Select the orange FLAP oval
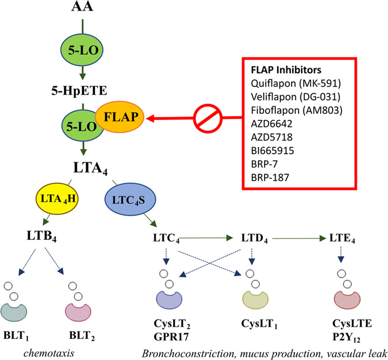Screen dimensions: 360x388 click(121, 116)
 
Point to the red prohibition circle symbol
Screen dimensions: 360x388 click(206, 119)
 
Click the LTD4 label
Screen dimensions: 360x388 click(254, 238)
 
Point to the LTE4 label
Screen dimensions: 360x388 click(341, 238)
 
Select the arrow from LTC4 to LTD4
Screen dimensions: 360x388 click(201, 237)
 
